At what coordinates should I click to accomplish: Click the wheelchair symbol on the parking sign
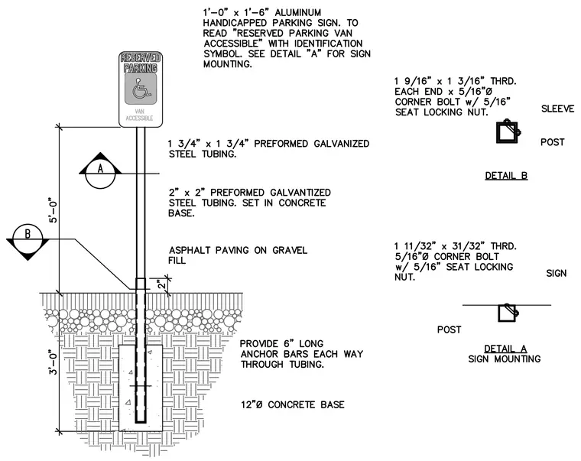[140, 88]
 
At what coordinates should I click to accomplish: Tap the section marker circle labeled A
[100, 174]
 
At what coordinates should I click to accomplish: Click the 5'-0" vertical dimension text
[54, 212]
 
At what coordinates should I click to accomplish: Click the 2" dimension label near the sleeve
[161, 285]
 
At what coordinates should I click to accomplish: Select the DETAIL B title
[506, 176]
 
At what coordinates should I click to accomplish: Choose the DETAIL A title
[505, 349]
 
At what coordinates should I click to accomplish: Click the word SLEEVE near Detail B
[557, 109]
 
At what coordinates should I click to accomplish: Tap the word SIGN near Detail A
[557, 274]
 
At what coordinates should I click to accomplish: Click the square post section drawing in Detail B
[508, 131]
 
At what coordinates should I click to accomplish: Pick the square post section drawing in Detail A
[508, 313]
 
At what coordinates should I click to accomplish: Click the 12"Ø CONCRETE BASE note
[293, 404]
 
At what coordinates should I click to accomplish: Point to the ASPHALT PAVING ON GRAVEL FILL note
[238, 255]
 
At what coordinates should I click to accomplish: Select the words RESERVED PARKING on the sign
[141, 63]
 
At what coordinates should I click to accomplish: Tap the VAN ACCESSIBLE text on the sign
[139, 115]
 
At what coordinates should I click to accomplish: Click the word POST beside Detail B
[553, 142]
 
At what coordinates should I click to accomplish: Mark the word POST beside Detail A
[449, 330]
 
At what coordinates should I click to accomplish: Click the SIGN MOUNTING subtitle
[505, 359]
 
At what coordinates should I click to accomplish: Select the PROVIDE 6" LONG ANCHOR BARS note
[302, 354]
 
